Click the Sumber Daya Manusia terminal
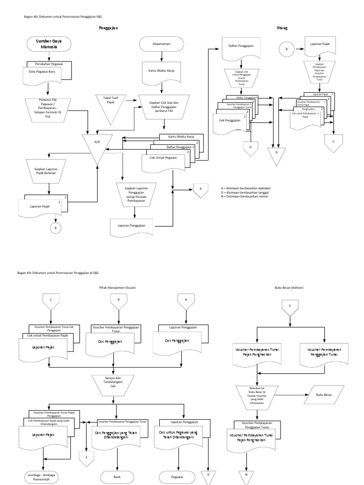tap(49, 44)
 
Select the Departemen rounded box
tap(162, 44)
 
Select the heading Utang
tap(282, 28)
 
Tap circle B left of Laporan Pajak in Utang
tap(286, 48)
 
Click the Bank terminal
tap(118, 476)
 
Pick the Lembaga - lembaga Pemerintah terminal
tap(43, 476)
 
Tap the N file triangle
tap(246, 477)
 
